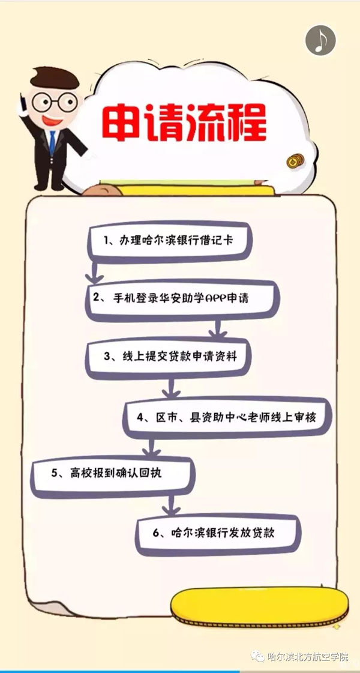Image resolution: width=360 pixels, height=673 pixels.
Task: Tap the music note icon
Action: tap(320, 40)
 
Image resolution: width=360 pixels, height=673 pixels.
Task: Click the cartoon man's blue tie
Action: tap(52, 142)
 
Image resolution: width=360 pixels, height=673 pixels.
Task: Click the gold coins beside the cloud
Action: tap(295, 160)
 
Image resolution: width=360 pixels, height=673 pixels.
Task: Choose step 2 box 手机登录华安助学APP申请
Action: tap(182, 299)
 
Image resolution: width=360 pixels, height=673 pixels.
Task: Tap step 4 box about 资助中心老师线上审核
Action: tap(227, 417)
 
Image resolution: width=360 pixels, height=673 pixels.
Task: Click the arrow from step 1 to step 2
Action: tap(94, 272)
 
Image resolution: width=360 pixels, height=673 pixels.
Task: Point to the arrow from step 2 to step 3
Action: tap(218, 329)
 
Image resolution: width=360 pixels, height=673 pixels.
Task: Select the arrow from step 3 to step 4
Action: tap(171, 388)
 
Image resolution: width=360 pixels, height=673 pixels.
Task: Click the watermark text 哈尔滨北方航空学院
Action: tap(308, 656)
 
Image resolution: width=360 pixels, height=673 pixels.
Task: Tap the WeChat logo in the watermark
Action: tap(258, 656)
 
